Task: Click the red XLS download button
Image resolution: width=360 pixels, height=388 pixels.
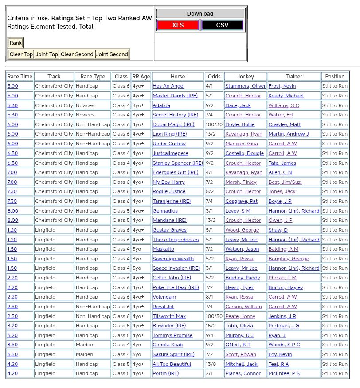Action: (178, 25)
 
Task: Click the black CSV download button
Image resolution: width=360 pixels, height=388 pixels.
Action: (222, 25)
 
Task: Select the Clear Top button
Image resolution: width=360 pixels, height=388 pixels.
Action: (21, 54)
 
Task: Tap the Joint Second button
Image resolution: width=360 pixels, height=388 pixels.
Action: (112, 54)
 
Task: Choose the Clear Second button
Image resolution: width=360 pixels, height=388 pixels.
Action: (77, 54)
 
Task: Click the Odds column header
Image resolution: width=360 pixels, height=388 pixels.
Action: (214, 77)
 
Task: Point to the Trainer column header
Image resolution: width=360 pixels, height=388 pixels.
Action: (293, 77)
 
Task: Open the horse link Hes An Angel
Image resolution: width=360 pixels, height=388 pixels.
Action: (168, 86)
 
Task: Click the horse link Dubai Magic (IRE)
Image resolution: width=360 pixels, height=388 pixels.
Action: (173, 125)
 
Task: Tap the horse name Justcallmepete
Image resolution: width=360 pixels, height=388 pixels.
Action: (170, 154)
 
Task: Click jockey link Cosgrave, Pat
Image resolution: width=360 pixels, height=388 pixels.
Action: (241, 202)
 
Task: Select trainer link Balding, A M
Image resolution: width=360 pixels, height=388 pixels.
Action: (283, 249)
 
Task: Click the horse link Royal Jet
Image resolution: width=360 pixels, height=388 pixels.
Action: (163, 307)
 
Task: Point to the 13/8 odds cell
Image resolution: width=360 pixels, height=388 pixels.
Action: (214, 365)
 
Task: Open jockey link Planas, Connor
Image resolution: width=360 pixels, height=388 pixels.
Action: (243, 374)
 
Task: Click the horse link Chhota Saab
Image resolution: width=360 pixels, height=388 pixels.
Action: (168, 345)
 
